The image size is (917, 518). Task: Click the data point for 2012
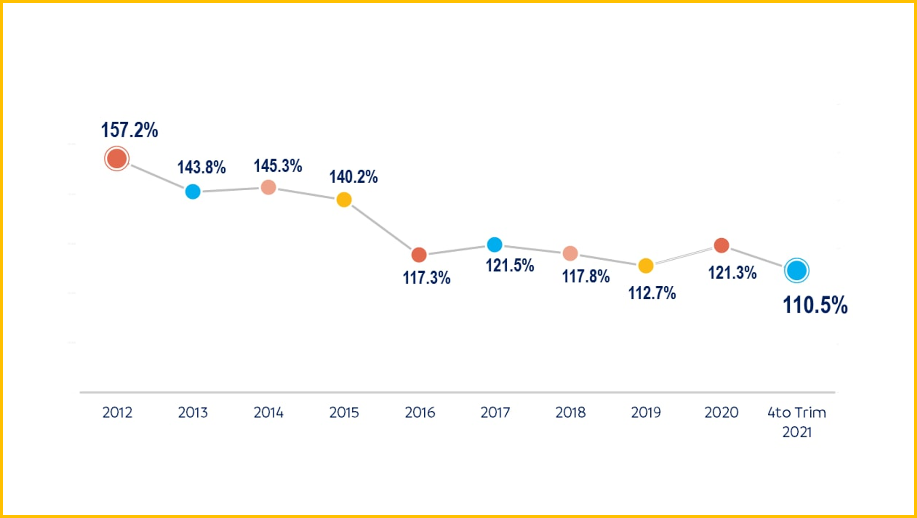117,159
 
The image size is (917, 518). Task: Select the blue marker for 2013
193,192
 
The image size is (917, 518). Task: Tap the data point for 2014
269,187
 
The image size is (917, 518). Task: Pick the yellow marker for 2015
344,200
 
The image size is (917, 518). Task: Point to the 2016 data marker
419,255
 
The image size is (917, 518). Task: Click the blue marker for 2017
495,244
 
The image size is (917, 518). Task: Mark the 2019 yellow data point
646,266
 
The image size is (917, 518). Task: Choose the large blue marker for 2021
797,270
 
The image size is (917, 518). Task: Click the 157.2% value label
130,130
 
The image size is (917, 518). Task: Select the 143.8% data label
201,167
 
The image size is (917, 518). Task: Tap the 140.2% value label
353,177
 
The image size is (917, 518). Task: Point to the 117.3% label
427,278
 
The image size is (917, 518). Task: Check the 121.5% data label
510,266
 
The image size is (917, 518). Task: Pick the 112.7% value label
652,293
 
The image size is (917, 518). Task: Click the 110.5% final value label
815,305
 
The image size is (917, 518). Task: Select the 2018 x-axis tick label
571,413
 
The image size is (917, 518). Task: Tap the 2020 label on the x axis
721,413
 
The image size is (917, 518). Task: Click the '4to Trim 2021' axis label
797,422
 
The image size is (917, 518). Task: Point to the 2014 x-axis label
269,413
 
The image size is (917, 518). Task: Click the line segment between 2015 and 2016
381,227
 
